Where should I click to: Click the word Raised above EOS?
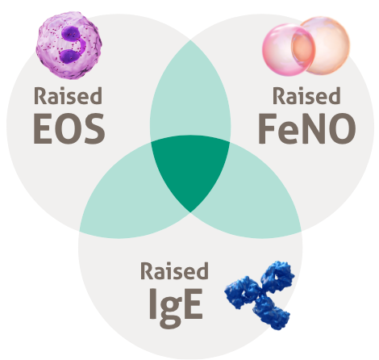pos(68,96)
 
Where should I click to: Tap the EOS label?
pos(69,128)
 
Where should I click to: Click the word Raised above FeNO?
pos(306,96)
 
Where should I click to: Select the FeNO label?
pos(307,128)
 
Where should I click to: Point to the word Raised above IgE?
pos(174,270)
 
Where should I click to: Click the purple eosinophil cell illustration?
pos(69,45)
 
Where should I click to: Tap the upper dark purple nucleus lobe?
pos(71,36)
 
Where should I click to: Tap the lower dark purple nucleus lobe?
pos(70,56)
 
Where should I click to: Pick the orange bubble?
pos(323,45)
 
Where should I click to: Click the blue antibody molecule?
pos(260,295)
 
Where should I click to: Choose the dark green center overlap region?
pos(190,170)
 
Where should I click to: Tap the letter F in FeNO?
pos(268,128)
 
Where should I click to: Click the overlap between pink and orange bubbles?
pos(303,48)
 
